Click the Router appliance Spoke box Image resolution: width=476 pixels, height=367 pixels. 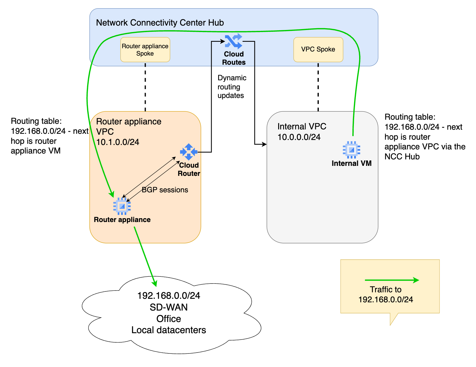[145, 50]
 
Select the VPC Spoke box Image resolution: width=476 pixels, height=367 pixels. [318, 49]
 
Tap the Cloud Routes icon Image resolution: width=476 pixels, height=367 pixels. [233, 41]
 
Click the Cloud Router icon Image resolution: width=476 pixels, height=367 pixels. [189, 152]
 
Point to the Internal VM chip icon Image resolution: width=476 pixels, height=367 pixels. [351, 150]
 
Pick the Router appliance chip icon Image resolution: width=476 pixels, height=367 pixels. [122, 206]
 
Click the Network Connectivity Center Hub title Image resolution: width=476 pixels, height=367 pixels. [160, 23]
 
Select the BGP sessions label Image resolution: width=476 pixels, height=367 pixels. [165, 190]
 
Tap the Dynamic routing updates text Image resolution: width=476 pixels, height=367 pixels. [232, 87]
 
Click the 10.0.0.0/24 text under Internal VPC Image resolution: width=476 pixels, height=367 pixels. [299, 137]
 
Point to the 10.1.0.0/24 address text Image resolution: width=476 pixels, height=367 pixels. [118, 142]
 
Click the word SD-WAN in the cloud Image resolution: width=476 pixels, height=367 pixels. [169, 307]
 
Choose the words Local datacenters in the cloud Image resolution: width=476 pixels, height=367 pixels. [169, 330]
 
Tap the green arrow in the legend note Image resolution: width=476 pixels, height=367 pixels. [392, 280]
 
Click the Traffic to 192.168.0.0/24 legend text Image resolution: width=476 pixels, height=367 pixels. [386, 295]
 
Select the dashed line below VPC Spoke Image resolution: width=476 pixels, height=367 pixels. [318, 87]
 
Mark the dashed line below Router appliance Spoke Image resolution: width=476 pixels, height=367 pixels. [145, 87]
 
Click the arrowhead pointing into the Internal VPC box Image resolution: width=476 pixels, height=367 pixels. [264, 144]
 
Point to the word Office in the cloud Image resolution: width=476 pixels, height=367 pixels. [169, 319]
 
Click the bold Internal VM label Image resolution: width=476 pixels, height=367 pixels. [351, 164]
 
